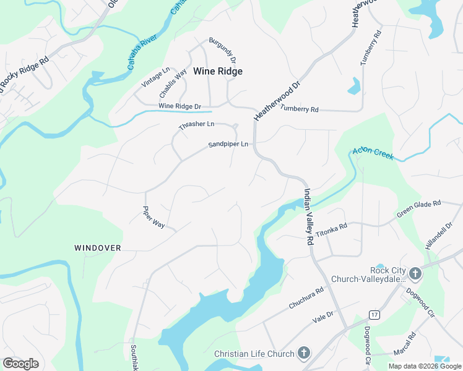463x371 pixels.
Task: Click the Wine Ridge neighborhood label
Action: pos(217,71)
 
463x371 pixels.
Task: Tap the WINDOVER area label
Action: pos(97,248)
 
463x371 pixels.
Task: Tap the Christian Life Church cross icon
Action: pos(303,354)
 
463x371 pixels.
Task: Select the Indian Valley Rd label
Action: pos(307,217)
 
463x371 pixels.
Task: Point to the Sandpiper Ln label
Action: pos(228,145)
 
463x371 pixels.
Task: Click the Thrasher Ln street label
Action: pos(196,124)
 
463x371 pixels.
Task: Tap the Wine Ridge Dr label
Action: pos(180,106)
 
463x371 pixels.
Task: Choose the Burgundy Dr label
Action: pos(222,49)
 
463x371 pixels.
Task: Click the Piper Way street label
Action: pos(154,218)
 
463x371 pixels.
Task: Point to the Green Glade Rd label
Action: pos(418,208)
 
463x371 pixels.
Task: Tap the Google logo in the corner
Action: pos(20,364)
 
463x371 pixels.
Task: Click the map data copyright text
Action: pos(425,366)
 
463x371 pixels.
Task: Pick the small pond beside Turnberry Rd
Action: pos(353,87)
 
